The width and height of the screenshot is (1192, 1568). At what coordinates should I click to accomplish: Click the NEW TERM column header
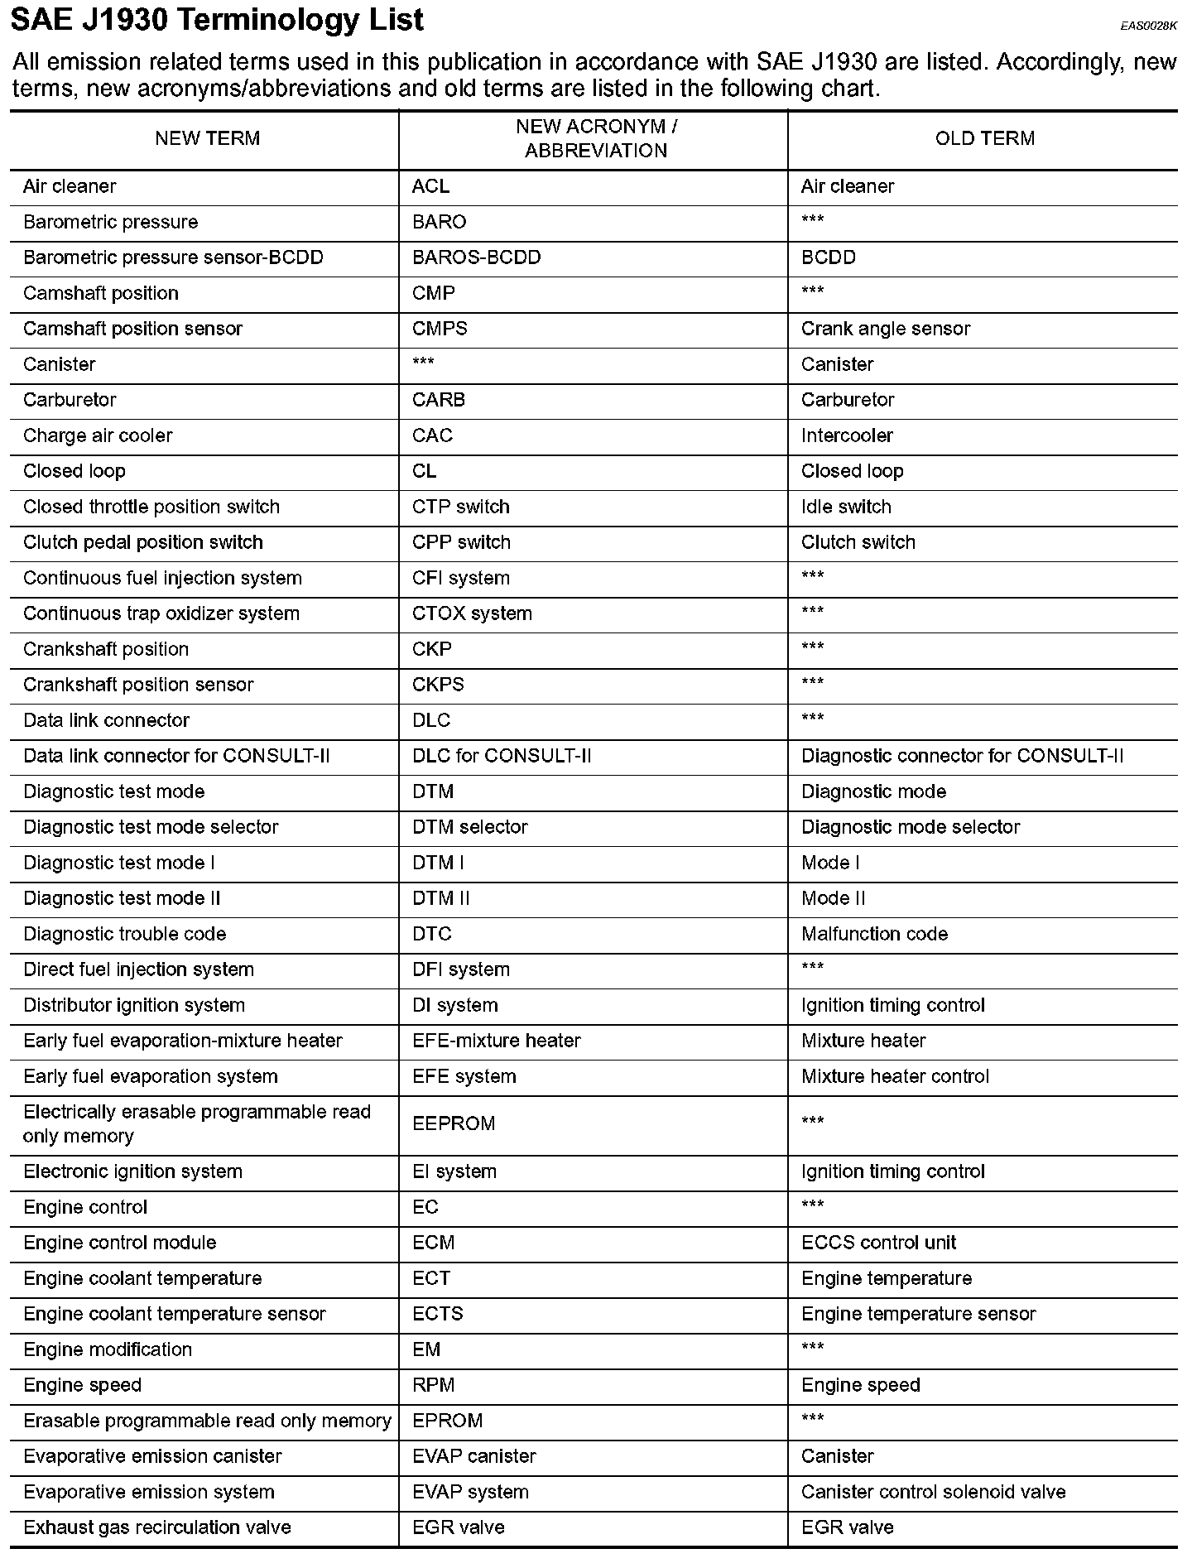click(x=207, y=138)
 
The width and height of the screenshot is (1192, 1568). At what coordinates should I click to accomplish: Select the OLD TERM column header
click(x=984, y=138)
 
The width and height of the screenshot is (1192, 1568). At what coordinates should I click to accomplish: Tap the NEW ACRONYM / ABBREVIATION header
click(x=596, y=138)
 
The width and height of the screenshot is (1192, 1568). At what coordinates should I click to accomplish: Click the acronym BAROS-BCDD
click(x=476, y=257)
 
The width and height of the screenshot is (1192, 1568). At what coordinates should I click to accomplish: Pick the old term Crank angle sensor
click(x=885, y=329)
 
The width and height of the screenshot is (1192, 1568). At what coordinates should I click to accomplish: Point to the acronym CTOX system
click(x=472, y=613)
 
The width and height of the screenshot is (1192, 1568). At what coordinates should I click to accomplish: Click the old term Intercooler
click(x=847, y=435)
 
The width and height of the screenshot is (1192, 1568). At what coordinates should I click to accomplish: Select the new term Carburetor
click(x=70, y=400)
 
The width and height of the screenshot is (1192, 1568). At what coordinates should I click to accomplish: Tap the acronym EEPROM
click(x=454, y=1123)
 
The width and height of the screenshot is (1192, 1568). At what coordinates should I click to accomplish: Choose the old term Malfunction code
click(x=874, y=934)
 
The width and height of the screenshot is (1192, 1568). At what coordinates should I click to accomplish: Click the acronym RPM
click(x=433, y=1385)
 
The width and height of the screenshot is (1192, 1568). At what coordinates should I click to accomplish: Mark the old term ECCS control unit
click(x=878, y=1243)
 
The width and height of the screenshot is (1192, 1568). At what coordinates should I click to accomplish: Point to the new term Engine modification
click(x=108, y=1349)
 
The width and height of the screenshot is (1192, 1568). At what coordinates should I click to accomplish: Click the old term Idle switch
click(x=846, y=507)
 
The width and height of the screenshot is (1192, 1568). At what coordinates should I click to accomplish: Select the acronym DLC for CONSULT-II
click(x=502, y=756)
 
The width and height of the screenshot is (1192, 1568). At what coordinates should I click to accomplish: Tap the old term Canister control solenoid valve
click(x=933, y=1492)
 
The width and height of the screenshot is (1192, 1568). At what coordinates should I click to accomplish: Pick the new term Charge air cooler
click(x=98, y=435)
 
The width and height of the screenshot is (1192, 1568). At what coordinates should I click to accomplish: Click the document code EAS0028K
click(x=1148, y=26)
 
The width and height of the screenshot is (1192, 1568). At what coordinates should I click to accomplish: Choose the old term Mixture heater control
click(x=895, y=1076)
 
